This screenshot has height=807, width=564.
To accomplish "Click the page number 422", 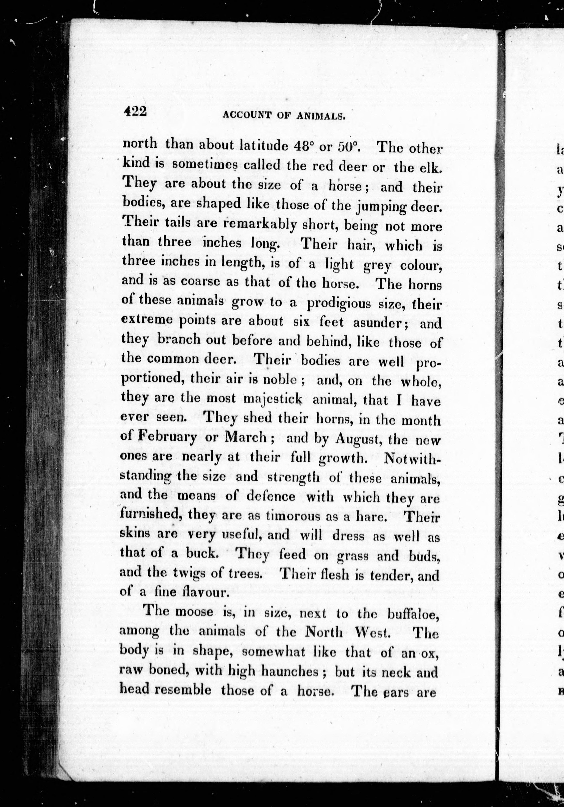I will [135, 112].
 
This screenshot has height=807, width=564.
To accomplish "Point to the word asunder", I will [380, 323].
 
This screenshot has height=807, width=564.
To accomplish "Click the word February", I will [167, 438].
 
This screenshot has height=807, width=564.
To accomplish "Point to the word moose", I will [194, 612].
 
